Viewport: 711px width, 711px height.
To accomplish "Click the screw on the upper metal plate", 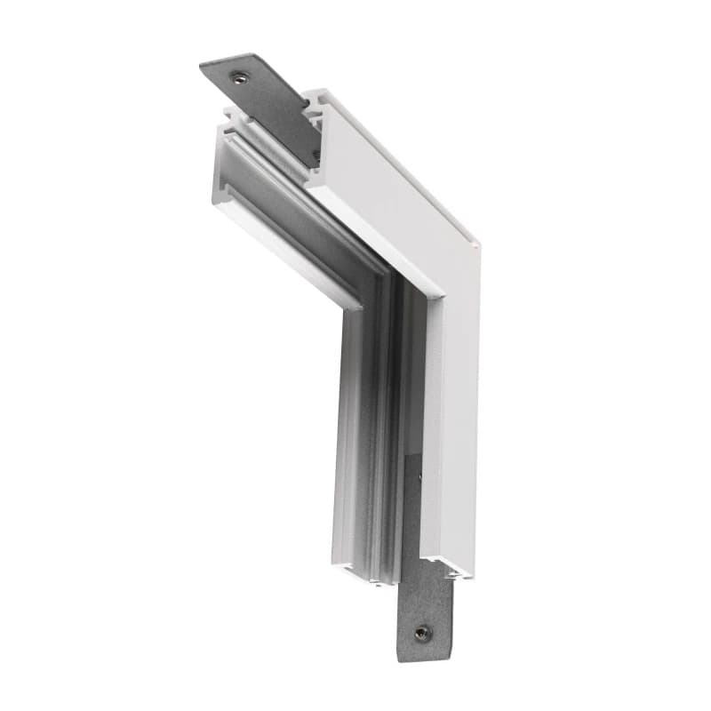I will (x=238, y=77).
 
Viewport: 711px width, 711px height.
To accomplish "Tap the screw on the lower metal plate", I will (x=422, y=633).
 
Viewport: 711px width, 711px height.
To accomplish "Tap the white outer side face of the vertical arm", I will (x=453, y=427).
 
